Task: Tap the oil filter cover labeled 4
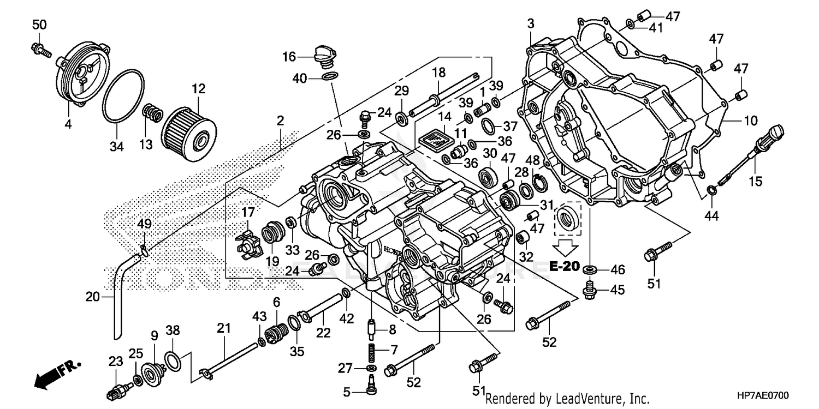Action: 82,76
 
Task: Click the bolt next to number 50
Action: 40,49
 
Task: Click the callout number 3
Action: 531,23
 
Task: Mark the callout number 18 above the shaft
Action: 439,72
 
